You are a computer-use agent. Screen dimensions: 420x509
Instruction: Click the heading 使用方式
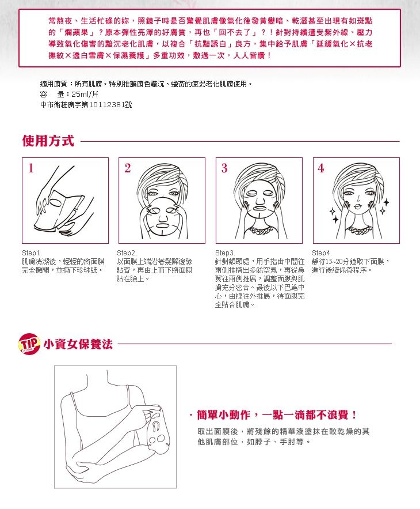[x=48, y=141]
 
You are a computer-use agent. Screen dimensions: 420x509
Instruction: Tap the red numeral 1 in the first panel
[x=31, y=168]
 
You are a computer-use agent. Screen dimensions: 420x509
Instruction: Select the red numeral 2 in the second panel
[x=127, y=168]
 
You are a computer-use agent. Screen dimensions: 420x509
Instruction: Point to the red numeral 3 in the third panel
[x=224, y=168]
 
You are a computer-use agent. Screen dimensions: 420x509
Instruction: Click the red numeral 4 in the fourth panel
[x=321, y=168]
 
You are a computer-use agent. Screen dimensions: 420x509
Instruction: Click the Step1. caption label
[x=32, y=253]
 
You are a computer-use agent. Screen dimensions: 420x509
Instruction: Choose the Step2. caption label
[x=127, y=253]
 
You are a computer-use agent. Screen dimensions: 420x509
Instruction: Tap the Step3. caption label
[x=225, y=253]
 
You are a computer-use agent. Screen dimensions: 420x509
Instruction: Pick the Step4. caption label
[x=322, y=253]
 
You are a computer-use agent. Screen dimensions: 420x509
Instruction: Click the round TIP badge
[x=29, y=344]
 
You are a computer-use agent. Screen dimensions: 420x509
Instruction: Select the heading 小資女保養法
[x=78, y=344]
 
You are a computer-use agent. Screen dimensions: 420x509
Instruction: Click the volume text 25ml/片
[x=85, y=95]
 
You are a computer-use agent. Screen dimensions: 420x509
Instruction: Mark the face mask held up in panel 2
[x=161, y=217]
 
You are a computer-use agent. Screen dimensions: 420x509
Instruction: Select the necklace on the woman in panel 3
[x=259, y=232]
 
